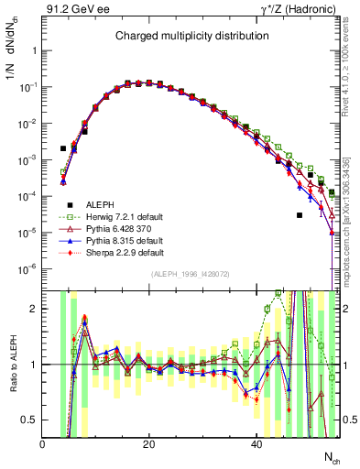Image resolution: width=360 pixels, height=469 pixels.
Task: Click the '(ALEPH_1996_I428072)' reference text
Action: coord(191,274)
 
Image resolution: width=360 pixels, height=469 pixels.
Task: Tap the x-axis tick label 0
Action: coord(43,444)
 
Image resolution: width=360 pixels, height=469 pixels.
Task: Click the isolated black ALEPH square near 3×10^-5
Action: coord(300,215)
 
